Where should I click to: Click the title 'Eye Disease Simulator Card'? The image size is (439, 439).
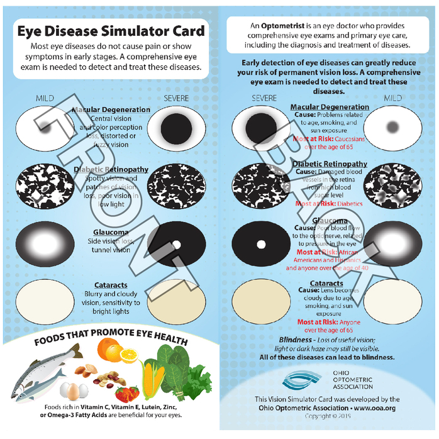click(111, 31)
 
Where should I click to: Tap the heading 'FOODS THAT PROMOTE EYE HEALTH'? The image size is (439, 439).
click(111, 340)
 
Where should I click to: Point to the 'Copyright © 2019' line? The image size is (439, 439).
click(327, 416)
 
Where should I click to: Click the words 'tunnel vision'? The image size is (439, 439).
click(109, 250)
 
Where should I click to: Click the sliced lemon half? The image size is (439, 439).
click(128, 355)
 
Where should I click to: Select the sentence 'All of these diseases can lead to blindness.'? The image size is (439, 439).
click(326, 357)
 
